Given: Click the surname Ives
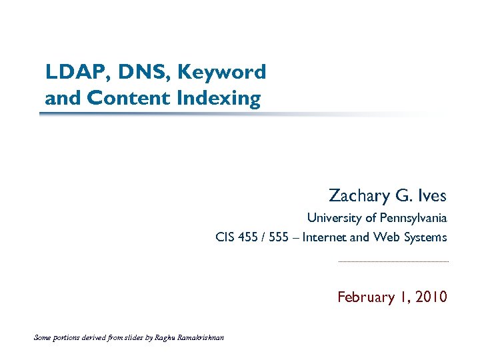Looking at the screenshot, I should pyautogui.click(x=433, y=195).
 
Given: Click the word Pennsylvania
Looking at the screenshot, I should pyautogui.click(x=413, y=218).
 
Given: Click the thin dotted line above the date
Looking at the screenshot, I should pyautogui.click(x=393, y=262).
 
